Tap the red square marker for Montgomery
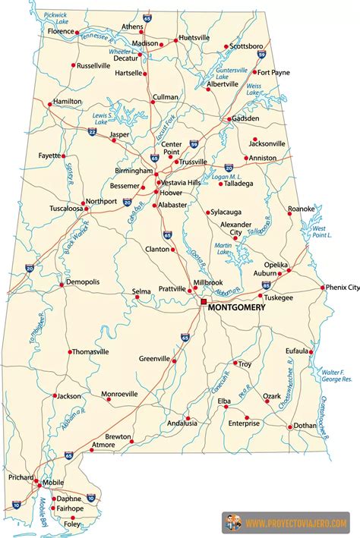point(203,300)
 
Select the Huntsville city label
point(194,38)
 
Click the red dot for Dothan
point(289,426)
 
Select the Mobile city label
point(52,482)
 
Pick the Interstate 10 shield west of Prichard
point(17,504)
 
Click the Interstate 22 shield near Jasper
point(92,132)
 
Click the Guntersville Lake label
point(232,74)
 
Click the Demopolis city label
point(83,282)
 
